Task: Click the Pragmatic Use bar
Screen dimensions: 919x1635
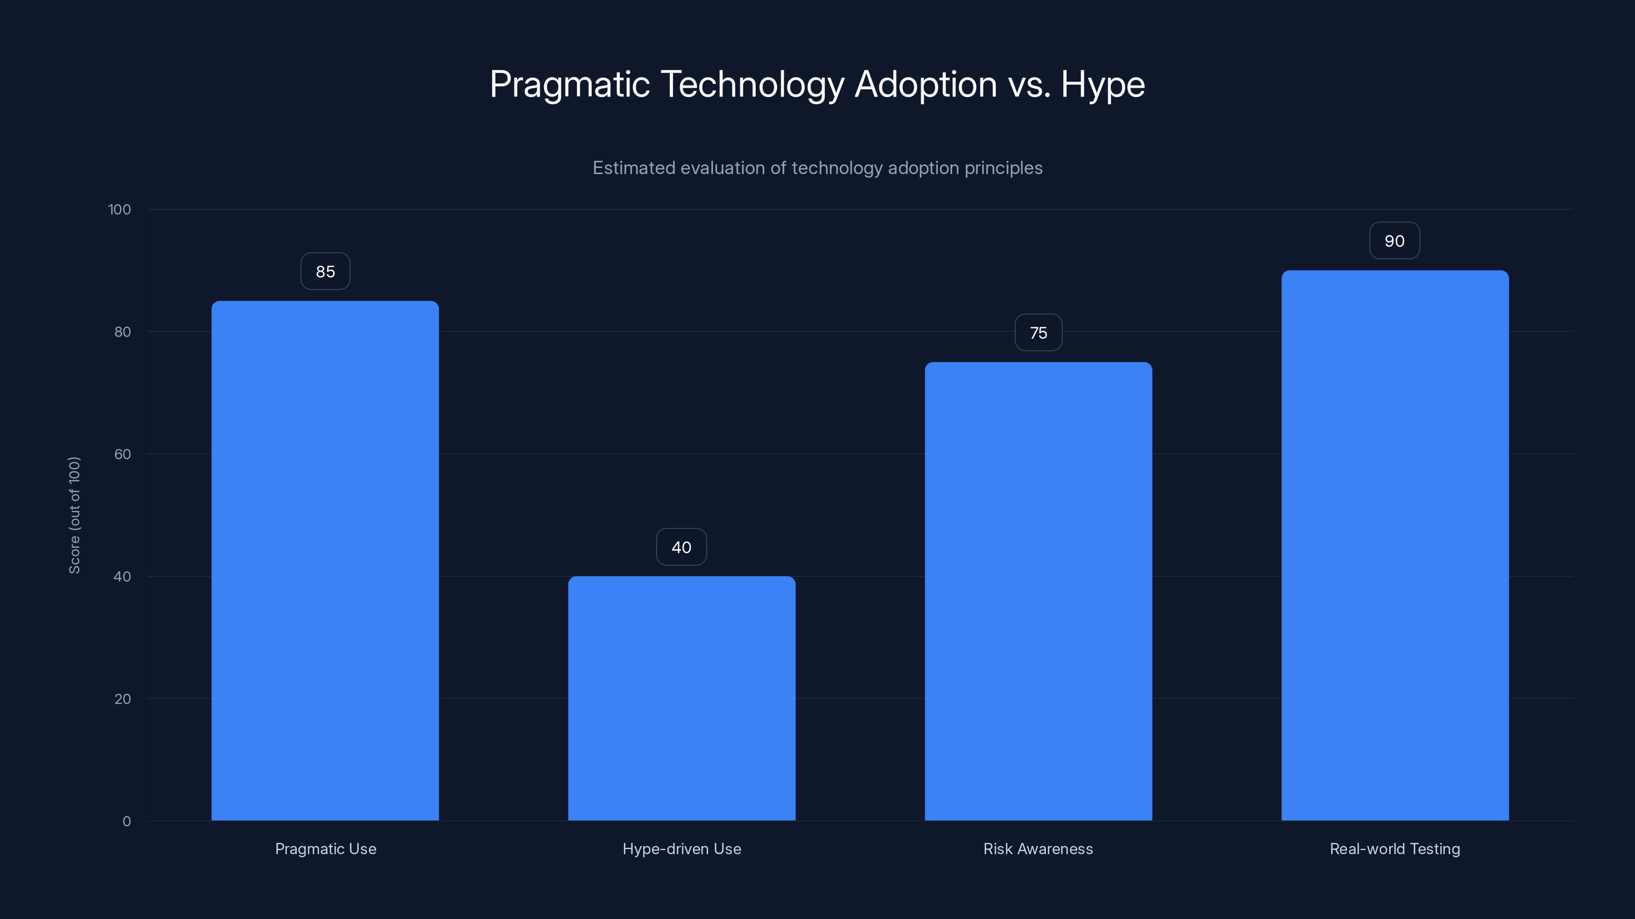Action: (x=325, y=561)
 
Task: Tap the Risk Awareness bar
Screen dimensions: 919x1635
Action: (x=1038, y=591)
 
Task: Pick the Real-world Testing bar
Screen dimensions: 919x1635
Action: (x=1395, y=545)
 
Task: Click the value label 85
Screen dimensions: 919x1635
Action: (x=325, y=272)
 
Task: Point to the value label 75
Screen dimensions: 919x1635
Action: (x=1038, y=333)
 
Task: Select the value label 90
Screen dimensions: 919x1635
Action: (x=1394, y=241)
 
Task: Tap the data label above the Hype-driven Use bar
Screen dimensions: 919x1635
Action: (x=681, y=547)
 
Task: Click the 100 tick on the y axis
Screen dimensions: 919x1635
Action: (x=120, y=210)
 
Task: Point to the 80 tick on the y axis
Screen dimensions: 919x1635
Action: (x=123, y=332)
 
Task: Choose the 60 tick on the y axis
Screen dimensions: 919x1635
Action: (x=123, y=454)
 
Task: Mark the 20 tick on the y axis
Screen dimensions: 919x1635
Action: (x=123, y=699)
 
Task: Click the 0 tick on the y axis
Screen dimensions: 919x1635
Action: (x=126, y=821)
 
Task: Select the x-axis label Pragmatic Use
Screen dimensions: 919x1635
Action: (x=325, y=849)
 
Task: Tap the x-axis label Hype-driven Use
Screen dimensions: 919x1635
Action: (x=682, y=849)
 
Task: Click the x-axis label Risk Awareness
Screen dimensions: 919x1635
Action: (x=1038, y=849)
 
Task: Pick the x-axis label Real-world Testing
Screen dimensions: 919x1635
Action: (x=1395, y=849)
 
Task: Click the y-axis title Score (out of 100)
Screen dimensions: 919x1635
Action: (x=74, y=515)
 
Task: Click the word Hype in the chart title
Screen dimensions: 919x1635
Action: (x=1103, y=85)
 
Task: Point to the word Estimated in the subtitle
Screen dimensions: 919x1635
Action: (x=634, y=168)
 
